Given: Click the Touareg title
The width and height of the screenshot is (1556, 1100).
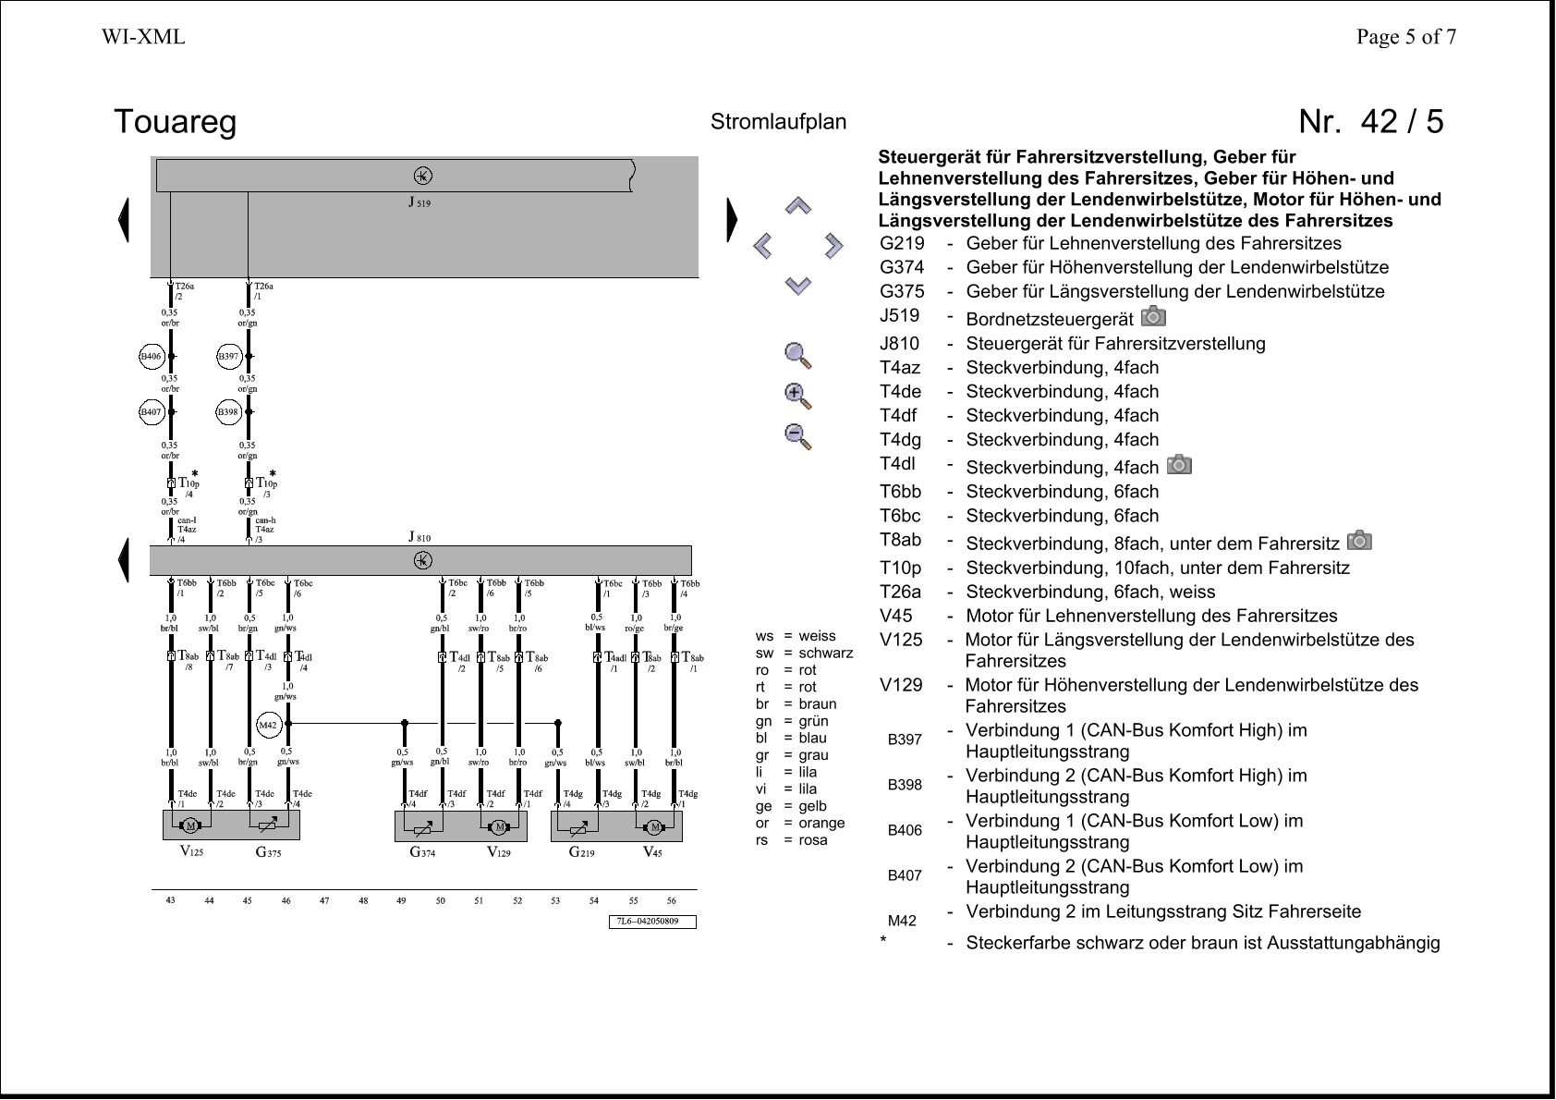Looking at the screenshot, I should pos(175,122).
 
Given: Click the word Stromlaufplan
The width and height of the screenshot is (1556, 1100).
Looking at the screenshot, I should pos(778,122).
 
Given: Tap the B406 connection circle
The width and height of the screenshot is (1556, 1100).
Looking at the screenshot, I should pos(151,356).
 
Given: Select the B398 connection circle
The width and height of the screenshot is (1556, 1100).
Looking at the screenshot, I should pos(228,412).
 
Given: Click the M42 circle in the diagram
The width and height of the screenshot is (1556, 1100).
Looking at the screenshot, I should pos(267,726).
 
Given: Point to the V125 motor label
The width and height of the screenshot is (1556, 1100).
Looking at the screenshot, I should pos(191,851).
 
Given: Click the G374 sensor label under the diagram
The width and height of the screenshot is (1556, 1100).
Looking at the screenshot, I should pos(422,852).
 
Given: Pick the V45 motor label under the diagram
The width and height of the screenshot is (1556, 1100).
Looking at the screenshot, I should pos(652,852).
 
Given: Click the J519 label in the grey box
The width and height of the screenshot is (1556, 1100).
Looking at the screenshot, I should pos(419,202).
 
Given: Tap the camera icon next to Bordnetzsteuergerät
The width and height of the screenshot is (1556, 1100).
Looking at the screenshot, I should pos(1153,317).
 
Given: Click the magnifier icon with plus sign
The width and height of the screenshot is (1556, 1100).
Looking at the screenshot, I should pos(797,396).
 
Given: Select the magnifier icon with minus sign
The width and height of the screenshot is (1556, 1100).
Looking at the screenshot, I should pos(797,435).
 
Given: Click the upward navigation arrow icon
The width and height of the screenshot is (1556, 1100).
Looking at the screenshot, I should pos(798,205).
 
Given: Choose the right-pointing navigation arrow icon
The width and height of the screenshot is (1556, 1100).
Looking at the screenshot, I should pos(833,246).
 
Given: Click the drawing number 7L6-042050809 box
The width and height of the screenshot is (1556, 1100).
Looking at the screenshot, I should pos(655,922).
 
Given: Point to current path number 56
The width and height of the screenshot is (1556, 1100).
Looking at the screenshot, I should pos(672,900).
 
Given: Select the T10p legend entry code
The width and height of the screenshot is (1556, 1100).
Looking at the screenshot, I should pos(900,568).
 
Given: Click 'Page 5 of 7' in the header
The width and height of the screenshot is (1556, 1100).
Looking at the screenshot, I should pos(1405,37).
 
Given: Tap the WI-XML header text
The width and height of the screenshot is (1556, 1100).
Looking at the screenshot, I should pos(143,37).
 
